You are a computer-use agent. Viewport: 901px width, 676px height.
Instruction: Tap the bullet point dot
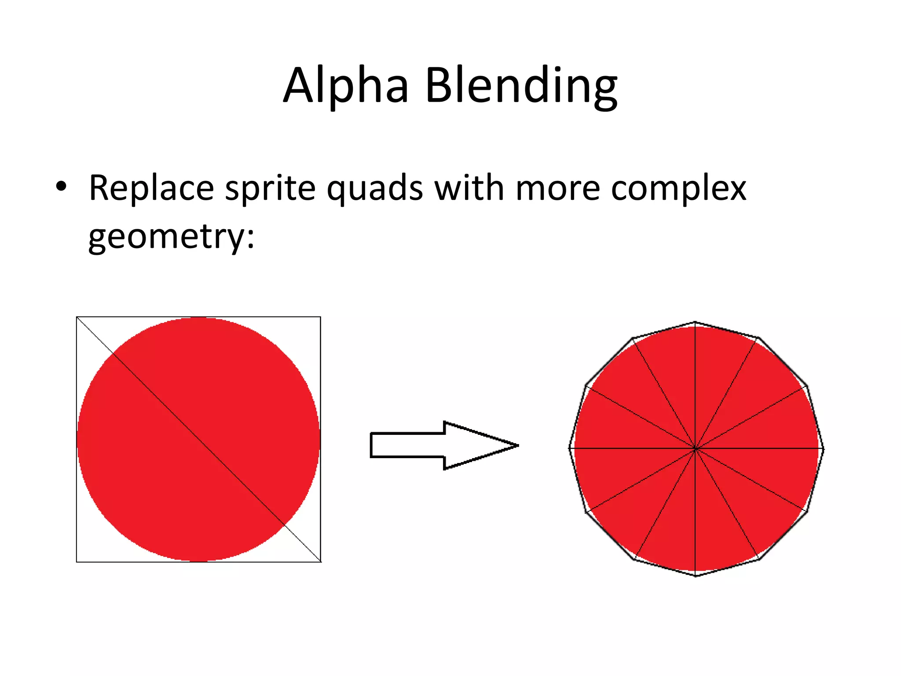61,187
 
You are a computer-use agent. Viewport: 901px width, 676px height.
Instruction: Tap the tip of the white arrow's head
518,445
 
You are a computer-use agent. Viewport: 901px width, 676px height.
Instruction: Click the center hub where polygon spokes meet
696,449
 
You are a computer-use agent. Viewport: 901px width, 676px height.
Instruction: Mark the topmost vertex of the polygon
695,322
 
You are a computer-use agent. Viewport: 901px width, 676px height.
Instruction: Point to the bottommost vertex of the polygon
696,576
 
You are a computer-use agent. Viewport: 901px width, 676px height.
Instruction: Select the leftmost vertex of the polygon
570,448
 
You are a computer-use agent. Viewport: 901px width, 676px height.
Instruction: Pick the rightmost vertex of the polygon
823,449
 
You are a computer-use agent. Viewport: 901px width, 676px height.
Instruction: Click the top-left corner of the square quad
77,317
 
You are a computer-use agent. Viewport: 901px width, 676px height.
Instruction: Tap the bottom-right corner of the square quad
321,562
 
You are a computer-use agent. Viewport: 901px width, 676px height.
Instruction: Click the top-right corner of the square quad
320,317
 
